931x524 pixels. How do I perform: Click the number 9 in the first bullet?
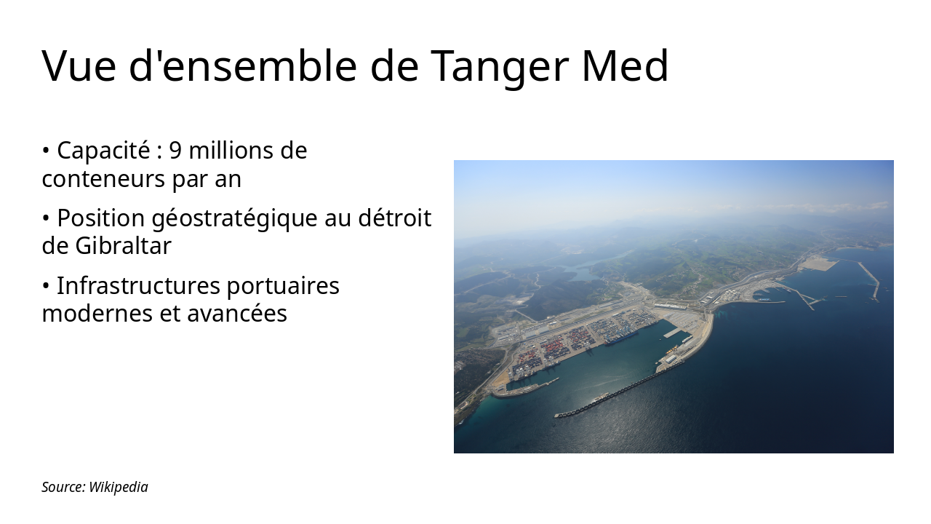coord(175,151)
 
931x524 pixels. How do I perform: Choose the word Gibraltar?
coord(123,246)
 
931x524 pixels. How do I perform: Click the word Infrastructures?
coord(138,286)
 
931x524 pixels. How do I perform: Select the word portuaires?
coord(282,286)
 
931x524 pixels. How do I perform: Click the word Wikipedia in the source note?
coord(118,487)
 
